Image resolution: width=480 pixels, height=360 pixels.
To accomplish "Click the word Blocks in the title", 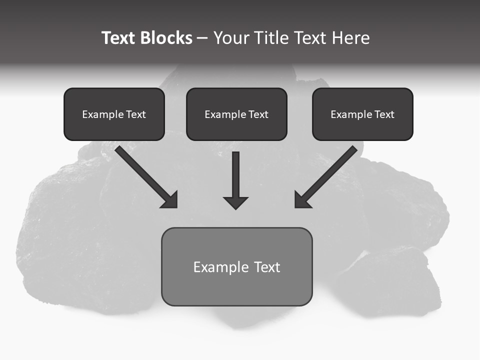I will tap(167, 38).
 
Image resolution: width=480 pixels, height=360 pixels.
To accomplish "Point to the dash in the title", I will tap(202, 38).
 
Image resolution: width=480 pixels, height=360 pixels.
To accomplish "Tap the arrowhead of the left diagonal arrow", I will tap(170, 200).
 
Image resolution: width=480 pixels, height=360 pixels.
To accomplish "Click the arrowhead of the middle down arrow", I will tap(235, 202).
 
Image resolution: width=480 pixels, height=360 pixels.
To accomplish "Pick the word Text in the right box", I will tap(384, 114).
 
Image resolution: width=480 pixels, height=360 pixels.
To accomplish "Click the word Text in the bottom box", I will tap(267, 267).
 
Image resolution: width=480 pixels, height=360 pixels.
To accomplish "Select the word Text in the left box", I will tap(135, 114).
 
